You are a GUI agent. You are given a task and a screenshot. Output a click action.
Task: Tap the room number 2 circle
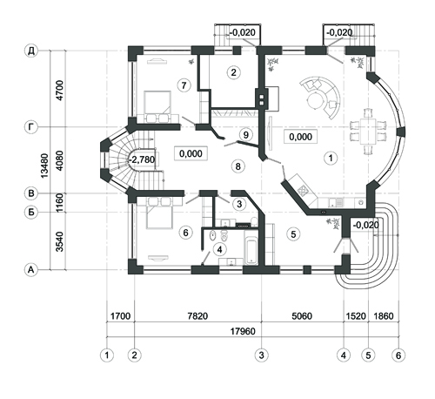point(234,72)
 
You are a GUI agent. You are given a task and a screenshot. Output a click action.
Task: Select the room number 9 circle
point(246,135)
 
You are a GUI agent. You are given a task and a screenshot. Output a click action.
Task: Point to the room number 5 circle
point(293,234)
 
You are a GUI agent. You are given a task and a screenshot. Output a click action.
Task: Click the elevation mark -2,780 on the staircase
point(142,159)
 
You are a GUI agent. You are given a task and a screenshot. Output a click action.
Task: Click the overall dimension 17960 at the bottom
point(243,331)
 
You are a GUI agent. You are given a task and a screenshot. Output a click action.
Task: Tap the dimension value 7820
point(197,316)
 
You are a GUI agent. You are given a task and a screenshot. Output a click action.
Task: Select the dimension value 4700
point(60,91)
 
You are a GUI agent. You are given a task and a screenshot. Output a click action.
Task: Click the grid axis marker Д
point(31,51)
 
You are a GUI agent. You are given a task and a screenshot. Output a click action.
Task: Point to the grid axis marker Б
point(31,213)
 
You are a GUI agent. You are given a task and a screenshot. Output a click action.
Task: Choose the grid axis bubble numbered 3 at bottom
point(261,355)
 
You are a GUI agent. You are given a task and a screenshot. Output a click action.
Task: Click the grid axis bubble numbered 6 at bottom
point(398,355)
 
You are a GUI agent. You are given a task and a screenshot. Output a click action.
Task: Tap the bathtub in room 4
point(251,251)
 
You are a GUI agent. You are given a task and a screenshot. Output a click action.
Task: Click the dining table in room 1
point(368,132)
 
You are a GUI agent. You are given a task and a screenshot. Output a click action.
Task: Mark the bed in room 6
point(160,213)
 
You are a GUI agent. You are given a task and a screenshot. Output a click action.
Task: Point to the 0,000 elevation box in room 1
point(301,137)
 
